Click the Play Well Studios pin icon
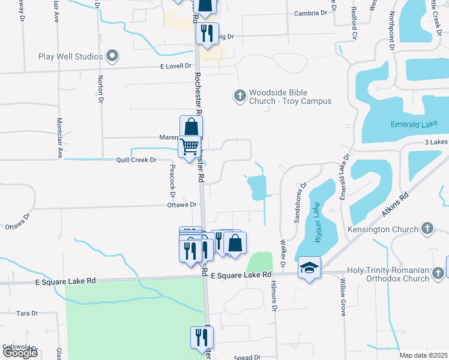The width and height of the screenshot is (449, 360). click(x=112, y=57)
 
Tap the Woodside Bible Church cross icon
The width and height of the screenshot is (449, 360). click(x=240, y=95)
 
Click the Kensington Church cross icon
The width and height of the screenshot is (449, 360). click(x=427, y=229)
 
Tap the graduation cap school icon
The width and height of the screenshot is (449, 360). click(x=309, y=267)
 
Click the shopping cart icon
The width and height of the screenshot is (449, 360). click(x=190, y=146)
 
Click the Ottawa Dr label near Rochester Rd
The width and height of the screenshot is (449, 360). click(x=182, y=205)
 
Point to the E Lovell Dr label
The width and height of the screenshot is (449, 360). click(x=176, y=66)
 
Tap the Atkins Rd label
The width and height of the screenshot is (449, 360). click(x=396, y=205)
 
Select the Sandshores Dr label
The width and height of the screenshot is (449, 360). click(x=300, y=203)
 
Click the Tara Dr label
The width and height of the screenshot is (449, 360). click(x=27, y=313)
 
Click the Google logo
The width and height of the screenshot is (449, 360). click(x=20, y=353)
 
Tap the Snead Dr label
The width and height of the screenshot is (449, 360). click(x=247, y=358)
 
